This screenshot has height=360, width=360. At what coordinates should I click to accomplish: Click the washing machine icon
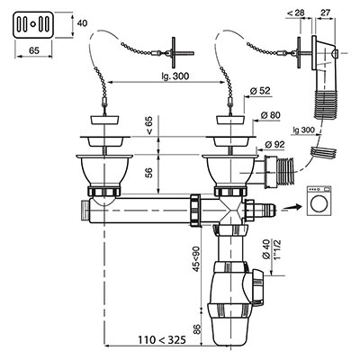tap(319, 201)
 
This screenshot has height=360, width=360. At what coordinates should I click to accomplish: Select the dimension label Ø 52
tap(260, 91)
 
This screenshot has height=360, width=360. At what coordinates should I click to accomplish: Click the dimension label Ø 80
tap(270, 115)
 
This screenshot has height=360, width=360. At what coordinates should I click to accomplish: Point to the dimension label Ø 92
tap(274, 144)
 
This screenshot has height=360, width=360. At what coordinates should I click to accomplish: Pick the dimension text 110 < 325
tap(162, 340)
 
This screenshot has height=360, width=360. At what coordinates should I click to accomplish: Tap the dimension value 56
tap(149, 172)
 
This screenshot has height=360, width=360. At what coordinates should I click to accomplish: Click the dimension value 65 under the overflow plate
tap(34, 50)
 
